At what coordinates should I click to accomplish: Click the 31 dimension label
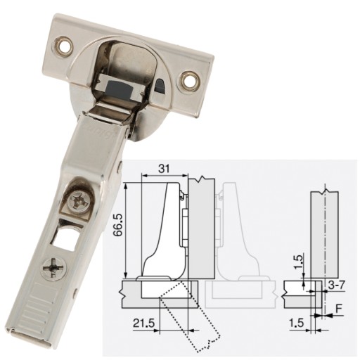click(164, 169)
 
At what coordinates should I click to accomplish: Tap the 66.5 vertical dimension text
click(117, 224)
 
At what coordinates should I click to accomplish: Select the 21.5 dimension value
click(144, 323)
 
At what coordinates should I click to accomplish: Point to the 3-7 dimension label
click(337, 285)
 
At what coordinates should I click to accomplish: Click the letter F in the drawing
click(339, 309)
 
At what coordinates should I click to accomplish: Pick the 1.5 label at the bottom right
click(297, 323)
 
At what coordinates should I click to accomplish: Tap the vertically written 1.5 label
click(298, 262)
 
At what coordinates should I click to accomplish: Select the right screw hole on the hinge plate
click(190, 81)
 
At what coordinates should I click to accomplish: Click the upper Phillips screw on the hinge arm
click(79, 201)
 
